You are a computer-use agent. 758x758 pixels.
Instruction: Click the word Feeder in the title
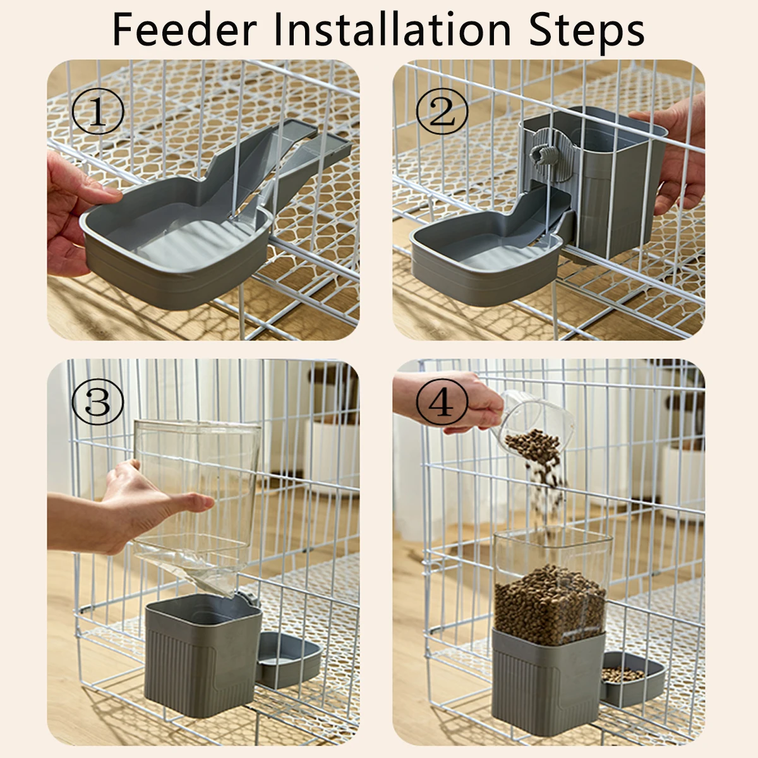pyautogui.click(x=184, y=30)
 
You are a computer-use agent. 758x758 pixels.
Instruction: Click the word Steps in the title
pyautogui.click(x=586, y=30)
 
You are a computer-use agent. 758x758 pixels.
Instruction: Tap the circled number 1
pyautogui.click(x=97, y=112)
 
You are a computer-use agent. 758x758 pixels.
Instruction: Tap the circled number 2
pyautogui.click(x=442, y=112)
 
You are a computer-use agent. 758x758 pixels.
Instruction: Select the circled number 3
pyautogui.click(x=97, y=402)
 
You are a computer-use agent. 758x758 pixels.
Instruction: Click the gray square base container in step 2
pyautogui.click(x=606, y=189)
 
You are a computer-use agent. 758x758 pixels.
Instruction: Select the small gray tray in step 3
pyautogui.click(x=287, y=660)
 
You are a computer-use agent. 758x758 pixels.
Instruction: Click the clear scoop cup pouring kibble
pyautogui.click(x=537, y=423)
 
